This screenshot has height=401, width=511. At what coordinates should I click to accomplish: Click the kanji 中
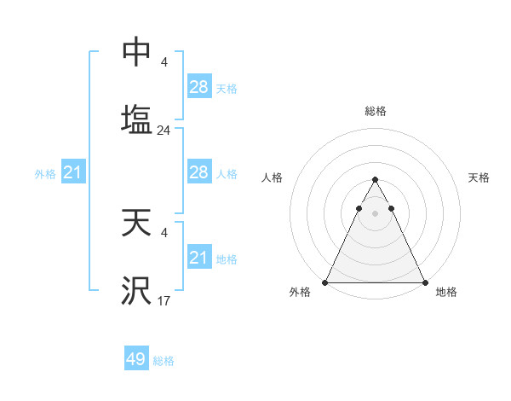[136, 52]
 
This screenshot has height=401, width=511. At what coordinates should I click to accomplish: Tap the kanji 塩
[136, 119]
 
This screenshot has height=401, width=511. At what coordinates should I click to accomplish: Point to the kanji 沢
[136, 291]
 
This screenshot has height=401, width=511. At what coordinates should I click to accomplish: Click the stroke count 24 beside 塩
[164, 131]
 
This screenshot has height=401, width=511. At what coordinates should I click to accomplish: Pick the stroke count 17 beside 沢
[164, 300]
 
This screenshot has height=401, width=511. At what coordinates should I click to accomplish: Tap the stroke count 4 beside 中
[164, 61]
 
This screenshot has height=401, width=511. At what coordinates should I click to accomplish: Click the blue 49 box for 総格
[136, 359]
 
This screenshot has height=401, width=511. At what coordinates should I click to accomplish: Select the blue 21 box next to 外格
[73, 173]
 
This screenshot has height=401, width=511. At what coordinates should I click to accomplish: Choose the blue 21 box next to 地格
[198, 257]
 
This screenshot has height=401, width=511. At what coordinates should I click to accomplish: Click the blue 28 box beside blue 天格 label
[198, 86]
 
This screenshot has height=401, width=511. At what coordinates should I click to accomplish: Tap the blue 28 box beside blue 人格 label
[198, 172]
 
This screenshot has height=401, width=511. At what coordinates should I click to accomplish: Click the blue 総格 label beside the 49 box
[164, 361]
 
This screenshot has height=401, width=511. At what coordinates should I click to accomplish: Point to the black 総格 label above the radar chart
[376, 111]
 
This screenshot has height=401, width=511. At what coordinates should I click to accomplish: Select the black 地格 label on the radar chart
[446, 292]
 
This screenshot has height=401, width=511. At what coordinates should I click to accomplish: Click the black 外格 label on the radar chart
[301, 292]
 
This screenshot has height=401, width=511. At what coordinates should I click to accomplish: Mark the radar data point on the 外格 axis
[325, 282]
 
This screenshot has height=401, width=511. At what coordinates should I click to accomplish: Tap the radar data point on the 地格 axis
[424, 282]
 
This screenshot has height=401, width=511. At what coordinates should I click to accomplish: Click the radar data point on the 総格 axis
[375, 180]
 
